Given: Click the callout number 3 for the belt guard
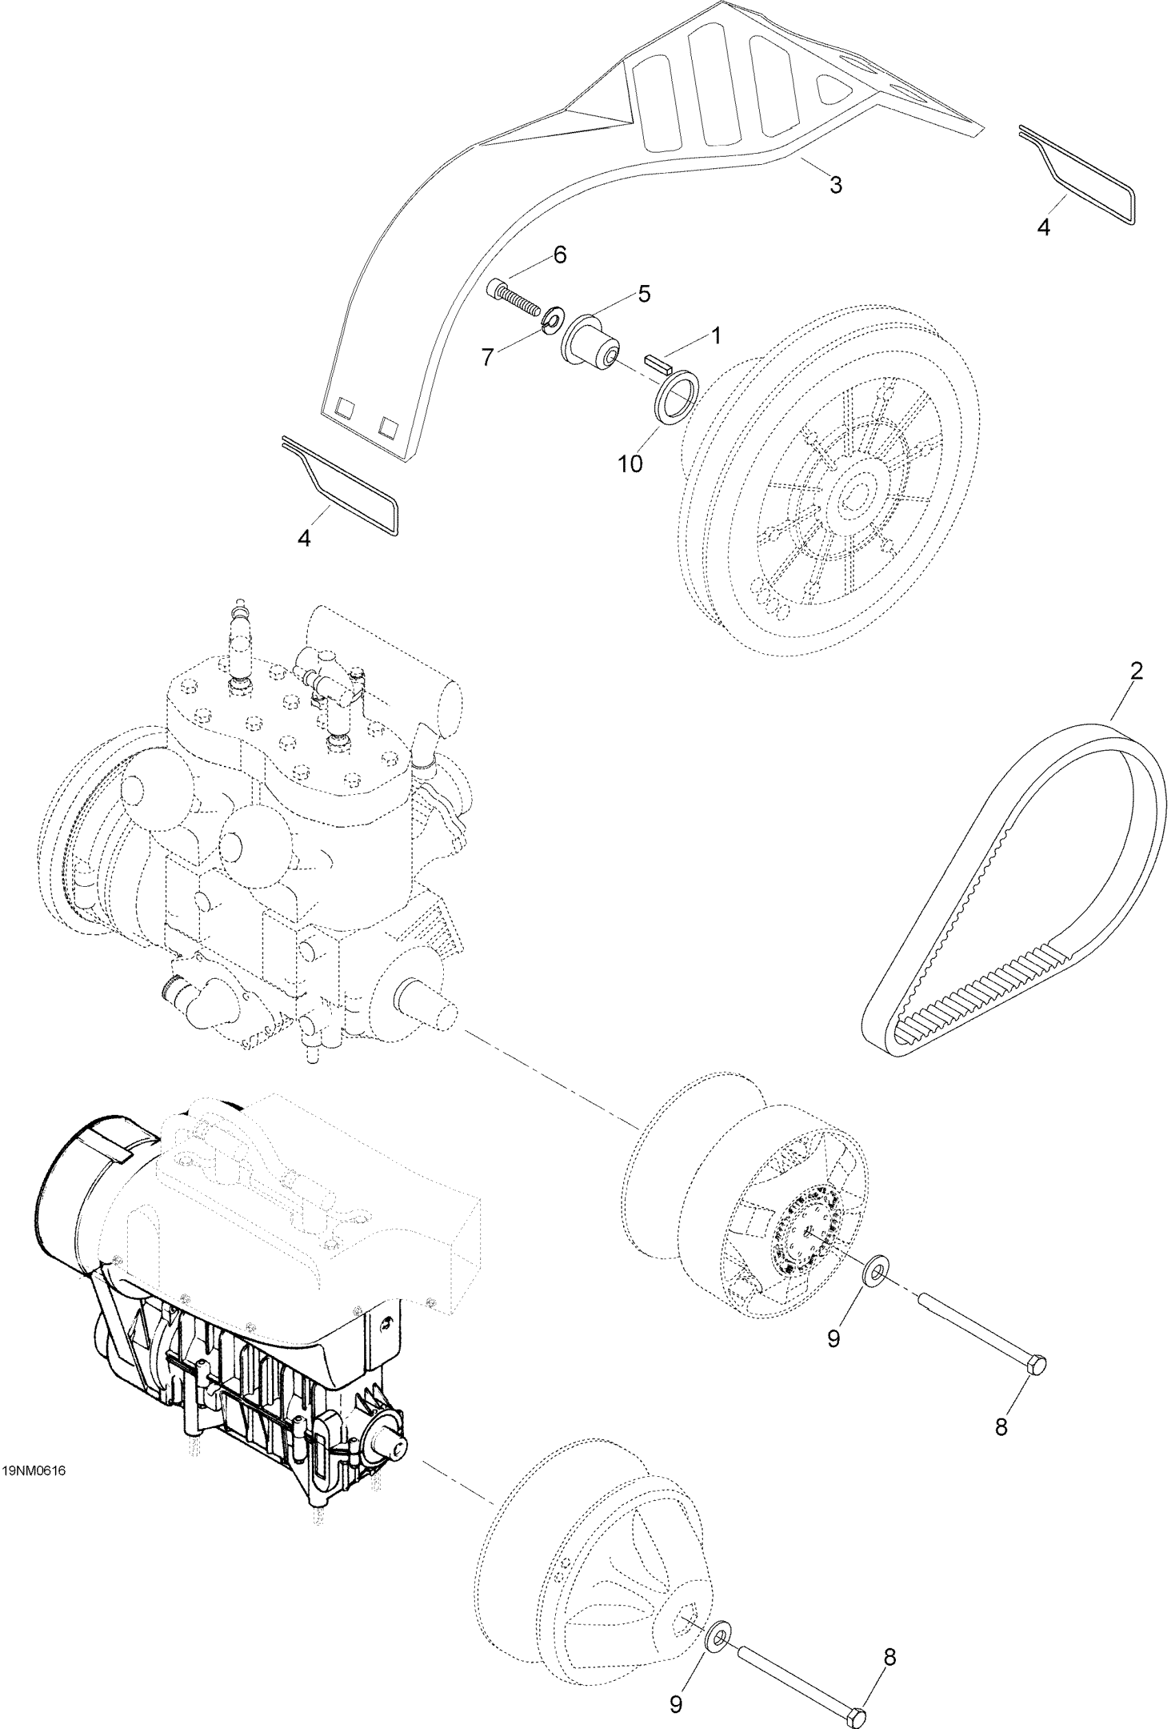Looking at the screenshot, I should pyautogui.click(x=835, y=185).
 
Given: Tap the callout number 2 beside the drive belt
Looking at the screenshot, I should pyautogui.click(x=1135, y=671).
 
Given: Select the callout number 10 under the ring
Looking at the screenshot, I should pyautogui.click(x=629, y=464).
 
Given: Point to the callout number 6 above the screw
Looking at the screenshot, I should pyautogui.click(x=559, y=255).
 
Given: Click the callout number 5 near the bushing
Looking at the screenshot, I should pyautogui.click(x=644, y=294).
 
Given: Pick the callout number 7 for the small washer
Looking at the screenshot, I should pyautogui.click(x=487, y=358).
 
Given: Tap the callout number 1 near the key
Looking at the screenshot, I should pyautogui.click(x=715, y=337).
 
